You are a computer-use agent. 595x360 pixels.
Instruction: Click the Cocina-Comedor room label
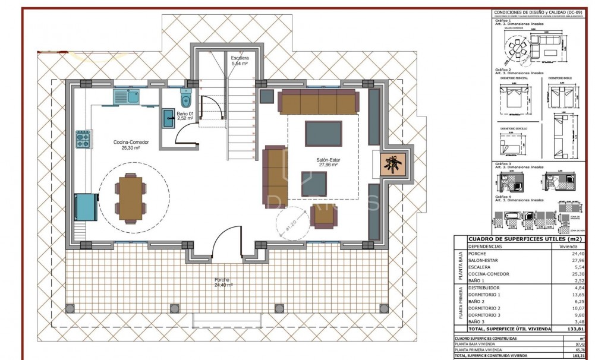pos(131,145)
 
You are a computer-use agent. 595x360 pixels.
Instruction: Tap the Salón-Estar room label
pos(326,162)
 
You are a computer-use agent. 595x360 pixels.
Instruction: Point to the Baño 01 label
pos(185,115)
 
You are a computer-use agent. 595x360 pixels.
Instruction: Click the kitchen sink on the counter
pos(126,95)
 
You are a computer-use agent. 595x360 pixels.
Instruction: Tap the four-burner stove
pos(82,140)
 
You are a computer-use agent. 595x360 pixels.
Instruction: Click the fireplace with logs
pos(393,163)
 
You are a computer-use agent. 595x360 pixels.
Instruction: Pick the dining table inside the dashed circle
pos(130,197)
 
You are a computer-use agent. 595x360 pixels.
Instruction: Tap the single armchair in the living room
pos(325,216)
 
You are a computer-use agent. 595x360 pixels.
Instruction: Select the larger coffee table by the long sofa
pos(323,133)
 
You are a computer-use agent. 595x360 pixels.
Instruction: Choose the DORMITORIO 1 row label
pos(485,294)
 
